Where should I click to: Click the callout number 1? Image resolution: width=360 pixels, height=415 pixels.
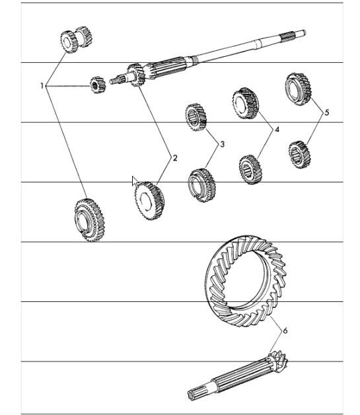pos(42,86)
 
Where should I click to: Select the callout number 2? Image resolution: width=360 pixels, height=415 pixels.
pos(175,158)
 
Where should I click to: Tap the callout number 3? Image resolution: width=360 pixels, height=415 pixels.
pos(222,143)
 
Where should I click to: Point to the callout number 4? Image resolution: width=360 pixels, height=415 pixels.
pos(277,130)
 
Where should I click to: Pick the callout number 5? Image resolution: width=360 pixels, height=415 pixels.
pos(326,112)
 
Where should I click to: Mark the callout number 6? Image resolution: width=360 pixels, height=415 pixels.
pos(285,330)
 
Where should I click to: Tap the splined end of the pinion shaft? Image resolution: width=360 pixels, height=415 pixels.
pos(198,394)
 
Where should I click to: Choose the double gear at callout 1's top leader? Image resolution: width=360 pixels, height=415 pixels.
pos(73,40)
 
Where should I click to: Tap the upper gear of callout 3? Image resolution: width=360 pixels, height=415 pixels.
pos(196,117)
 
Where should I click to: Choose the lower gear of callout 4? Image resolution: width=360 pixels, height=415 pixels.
pos(251,169)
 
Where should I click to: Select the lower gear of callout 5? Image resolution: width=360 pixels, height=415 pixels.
pos(301,154)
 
